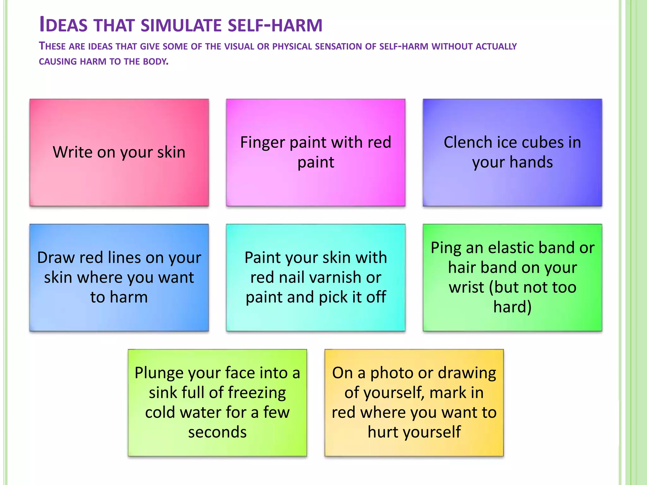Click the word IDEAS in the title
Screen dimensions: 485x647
click(x=63, y=25)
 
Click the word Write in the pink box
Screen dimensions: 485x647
click(x=72, y=152)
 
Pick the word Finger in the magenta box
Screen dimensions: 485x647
click(x=263, y=142)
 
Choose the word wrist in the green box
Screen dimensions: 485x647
click(x=466, y=287)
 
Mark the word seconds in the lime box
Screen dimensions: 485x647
click(x=217, y=432)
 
